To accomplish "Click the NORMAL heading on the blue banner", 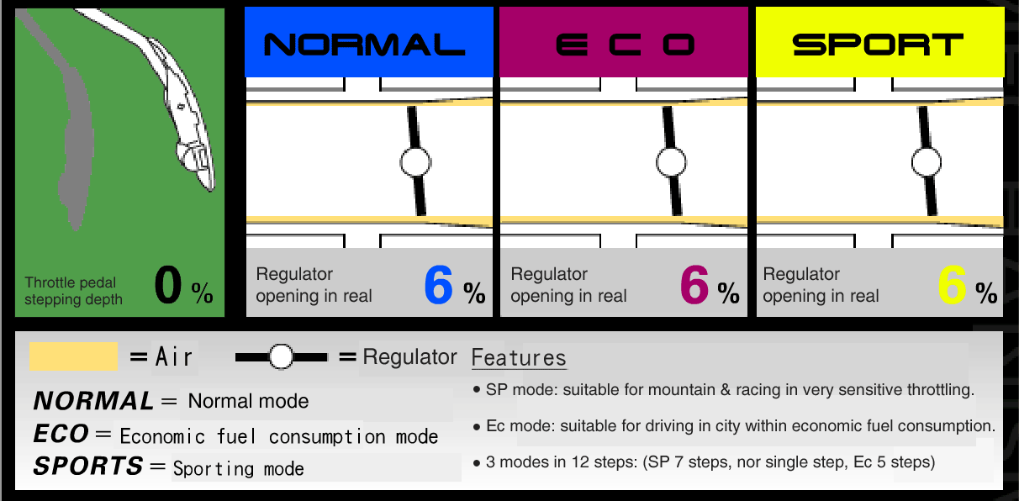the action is click(364, 45).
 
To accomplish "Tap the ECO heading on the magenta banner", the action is click(625, 45).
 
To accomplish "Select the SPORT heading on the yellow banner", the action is click(878, 45).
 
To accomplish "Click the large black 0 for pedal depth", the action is click(168, 285).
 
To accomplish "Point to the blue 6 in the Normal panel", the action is click(439, 285).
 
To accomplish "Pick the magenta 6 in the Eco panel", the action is click(694, 285).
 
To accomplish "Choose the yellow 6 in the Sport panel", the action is click(952, 285).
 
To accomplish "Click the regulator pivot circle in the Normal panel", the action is click(415, 162).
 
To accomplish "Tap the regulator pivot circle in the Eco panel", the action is click(671, 162).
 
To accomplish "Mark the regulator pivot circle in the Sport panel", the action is click(927, 162).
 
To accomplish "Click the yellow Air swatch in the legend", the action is click(73, 356).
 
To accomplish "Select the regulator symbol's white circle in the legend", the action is click(281, 357).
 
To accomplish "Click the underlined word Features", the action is click(519, 358).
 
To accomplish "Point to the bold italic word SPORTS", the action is click(87, 466).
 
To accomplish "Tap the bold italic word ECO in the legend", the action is click(61, 433).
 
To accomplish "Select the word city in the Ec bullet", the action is click(727, 426).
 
